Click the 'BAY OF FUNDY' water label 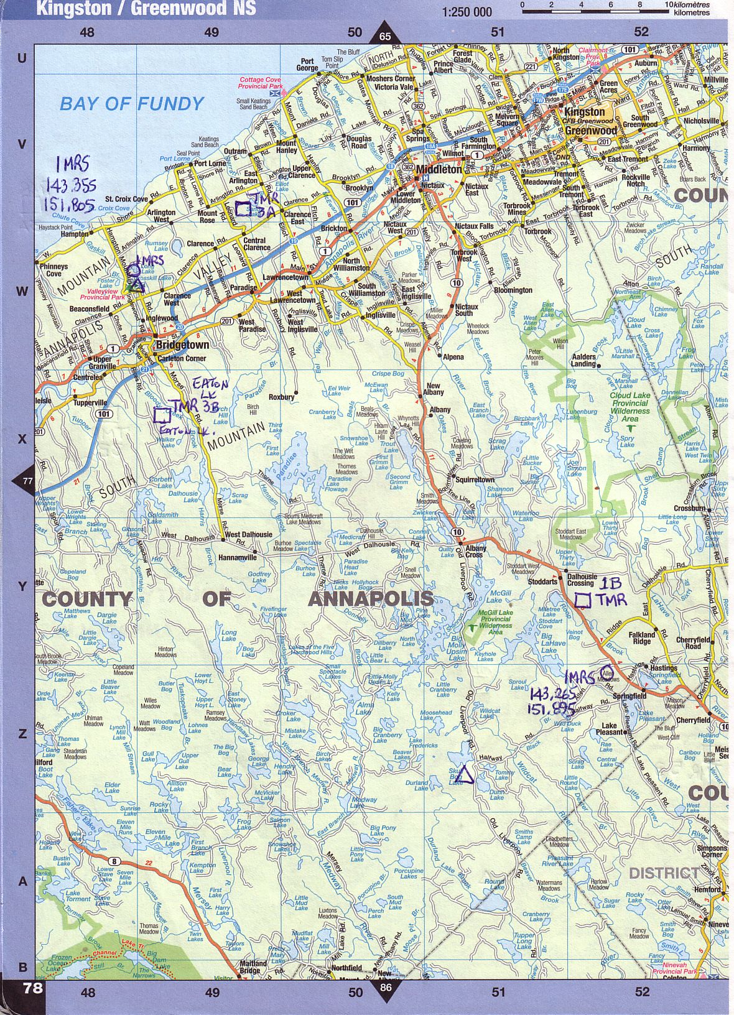[x=131, y=104]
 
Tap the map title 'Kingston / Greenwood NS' [x=146, y=9]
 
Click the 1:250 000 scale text [x=467, y=12]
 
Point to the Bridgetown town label [x=182, y=345]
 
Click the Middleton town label [x=439, y=169]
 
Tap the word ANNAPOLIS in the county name [x=371, y=598]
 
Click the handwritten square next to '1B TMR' [x=583, y=600]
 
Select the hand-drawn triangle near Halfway [x=464, y=776]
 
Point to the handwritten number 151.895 [x=552, y=708]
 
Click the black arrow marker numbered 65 [x=385, y=35]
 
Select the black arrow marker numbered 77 [x=27, y=481]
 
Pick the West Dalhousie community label [x=248, y=534]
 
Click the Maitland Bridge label [x=253, y=966]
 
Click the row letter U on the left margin [x=22, y=58]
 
